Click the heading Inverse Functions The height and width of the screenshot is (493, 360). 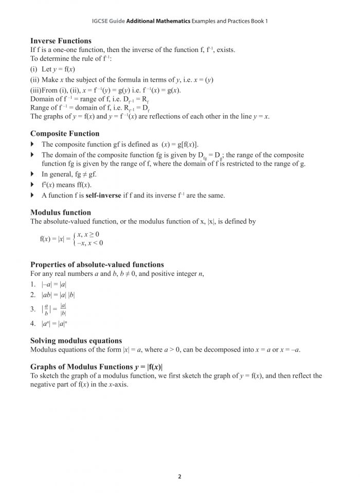coord(61,41)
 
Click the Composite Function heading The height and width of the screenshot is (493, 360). coord(65,134)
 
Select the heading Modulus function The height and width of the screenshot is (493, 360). coord(61,212)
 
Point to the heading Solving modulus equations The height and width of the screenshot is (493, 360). coord(76,341)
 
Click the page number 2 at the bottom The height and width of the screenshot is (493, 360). coord(179,477)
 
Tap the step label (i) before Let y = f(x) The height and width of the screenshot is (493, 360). coord(34,69)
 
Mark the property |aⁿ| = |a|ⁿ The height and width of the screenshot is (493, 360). coord(51,324)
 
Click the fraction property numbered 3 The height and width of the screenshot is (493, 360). coord(51,309)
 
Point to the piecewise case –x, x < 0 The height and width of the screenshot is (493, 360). coord(89,243)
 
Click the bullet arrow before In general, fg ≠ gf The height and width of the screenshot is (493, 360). coord(33,175)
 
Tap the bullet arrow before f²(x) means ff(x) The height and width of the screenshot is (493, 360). coord(33,185)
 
